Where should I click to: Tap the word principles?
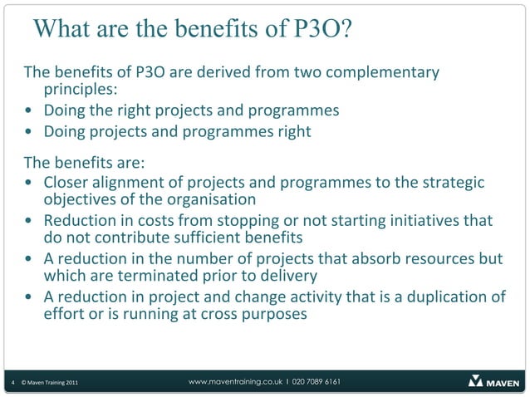click(79, 90)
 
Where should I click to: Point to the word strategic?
click(454, 183)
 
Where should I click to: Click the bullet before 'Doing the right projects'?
click(30, 111)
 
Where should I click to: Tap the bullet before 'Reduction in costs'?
click(30, 223)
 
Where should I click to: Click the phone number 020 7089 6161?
click(315, 381)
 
